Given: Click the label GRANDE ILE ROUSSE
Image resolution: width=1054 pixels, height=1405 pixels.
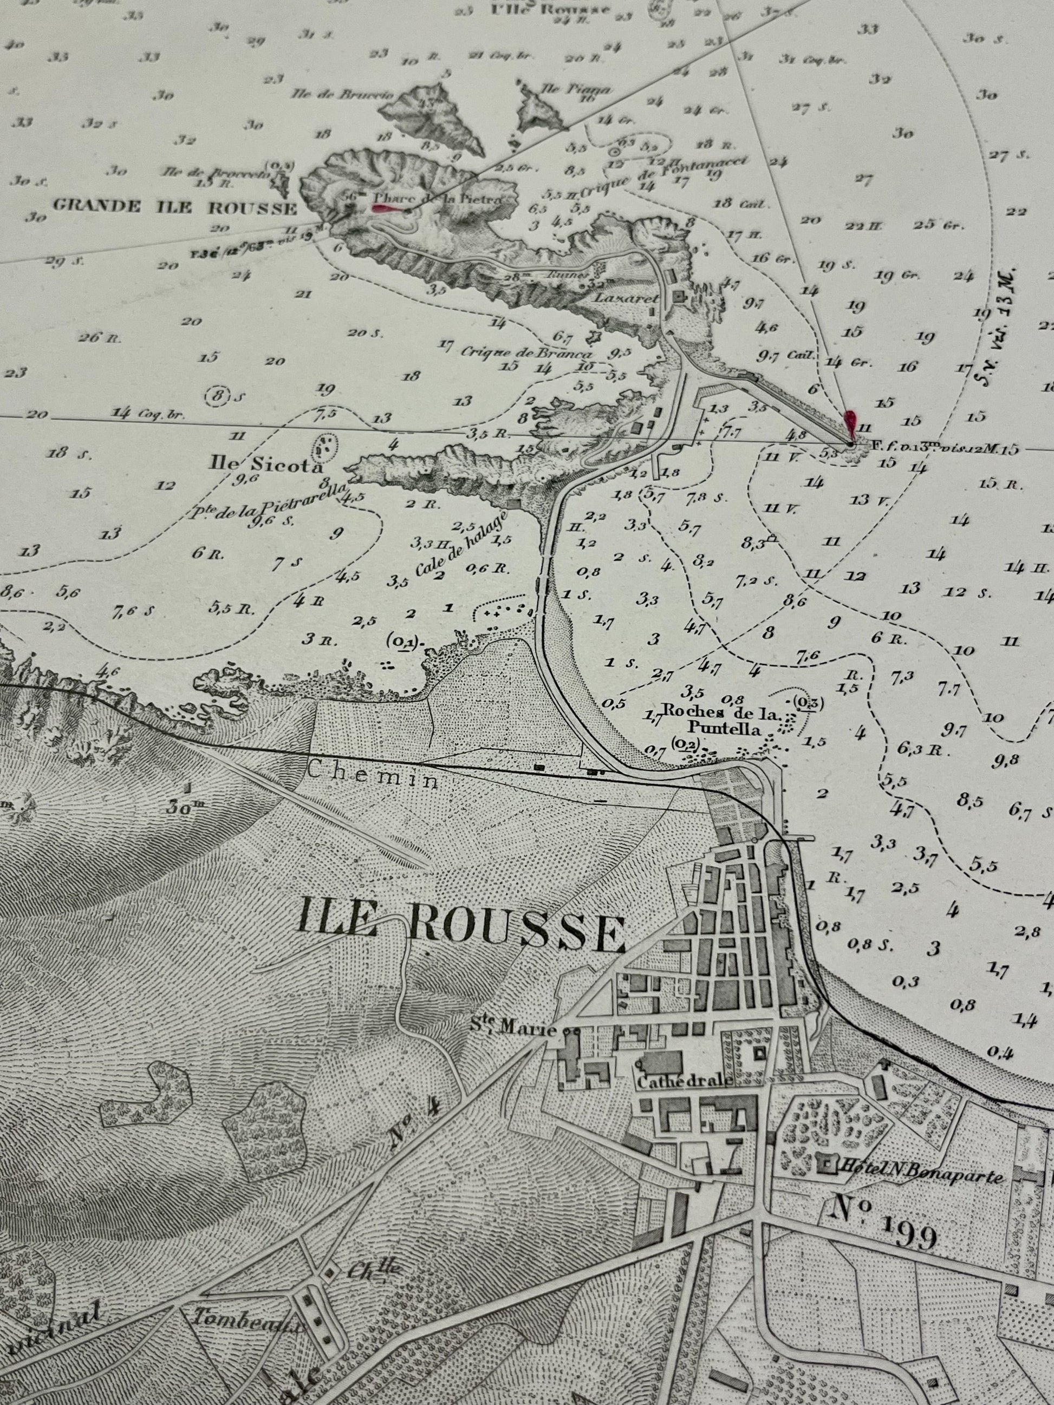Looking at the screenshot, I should [x=175, y=206].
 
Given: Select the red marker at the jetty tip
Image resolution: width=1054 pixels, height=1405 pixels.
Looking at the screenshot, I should [x=850, y=422].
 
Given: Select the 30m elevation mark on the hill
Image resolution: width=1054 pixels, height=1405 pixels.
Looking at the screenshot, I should [x=190, y=808].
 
